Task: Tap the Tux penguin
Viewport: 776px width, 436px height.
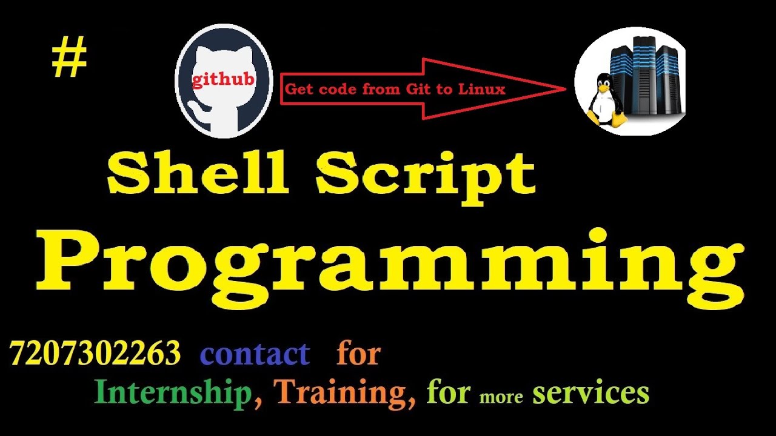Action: pyautogui.click(x=603, y=99)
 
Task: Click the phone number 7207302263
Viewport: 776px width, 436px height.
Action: pyautogui.click(x=95, y=353)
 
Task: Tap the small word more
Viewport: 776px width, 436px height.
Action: pyautogui.click(x=501, y=397)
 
